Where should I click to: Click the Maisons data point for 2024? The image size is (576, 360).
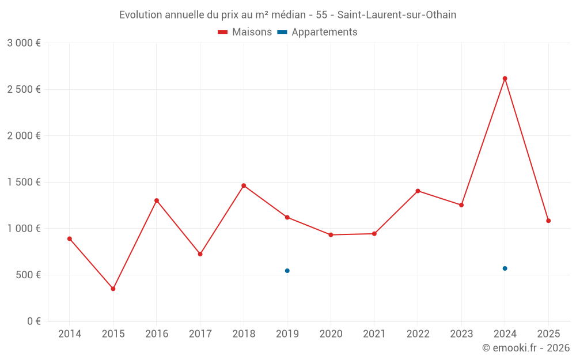click(505, 78)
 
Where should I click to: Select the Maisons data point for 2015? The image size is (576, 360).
click(113, 289)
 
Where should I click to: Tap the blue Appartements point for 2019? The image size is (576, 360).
click(287, 271)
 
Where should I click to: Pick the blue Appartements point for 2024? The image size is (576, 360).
click(505, 268)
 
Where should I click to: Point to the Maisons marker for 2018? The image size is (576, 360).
click(244, 185)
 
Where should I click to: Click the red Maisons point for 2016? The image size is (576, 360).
click(157, 200)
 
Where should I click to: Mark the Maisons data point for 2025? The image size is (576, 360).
click(548, 221)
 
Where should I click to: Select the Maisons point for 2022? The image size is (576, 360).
click(418, 191)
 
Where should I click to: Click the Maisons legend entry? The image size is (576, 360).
click(245, 32)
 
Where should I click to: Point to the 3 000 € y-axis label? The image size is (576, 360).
click(24, 43)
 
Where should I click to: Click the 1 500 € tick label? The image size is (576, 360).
click(24, 182)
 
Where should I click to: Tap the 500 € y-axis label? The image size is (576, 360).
click(27, 275)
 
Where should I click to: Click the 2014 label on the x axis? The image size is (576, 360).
click(70, 334)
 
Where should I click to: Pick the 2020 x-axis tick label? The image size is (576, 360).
click(331, 334)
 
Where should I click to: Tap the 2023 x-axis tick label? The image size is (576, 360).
click(461, 334)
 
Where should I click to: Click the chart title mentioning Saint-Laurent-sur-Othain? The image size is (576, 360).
click(287, 15)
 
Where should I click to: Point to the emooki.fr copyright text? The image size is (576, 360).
click(525, 348)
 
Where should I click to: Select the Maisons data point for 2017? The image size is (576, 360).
click(200, 254)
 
